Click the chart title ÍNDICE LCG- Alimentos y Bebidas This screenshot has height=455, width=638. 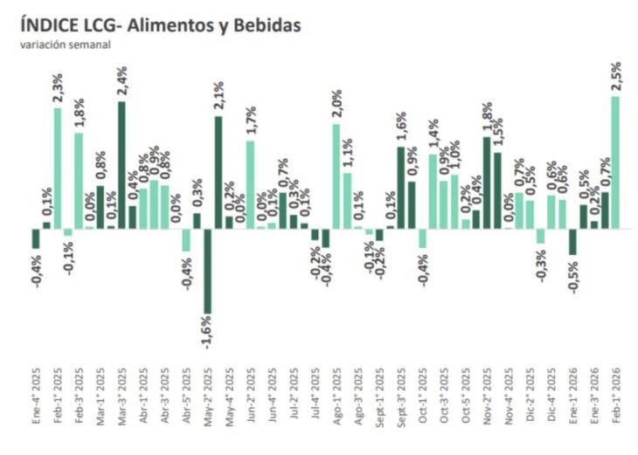[x=159, y=26]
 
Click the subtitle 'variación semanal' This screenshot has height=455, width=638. [x=65, y=45]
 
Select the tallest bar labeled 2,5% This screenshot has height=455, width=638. [x=615, y=162]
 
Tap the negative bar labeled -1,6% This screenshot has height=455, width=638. [x=207, y=271]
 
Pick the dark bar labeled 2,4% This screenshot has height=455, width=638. [x=121, y=165]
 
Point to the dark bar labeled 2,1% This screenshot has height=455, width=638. [x=218, y=172]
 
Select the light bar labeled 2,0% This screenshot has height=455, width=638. [x=336, y=176]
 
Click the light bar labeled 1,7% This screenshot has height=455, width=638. [x=250, y=184]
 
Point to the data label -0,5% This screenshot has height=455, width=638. [x=573, y=278]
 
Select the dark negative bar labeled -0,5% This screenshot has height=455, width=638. [x=573, y=242]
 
